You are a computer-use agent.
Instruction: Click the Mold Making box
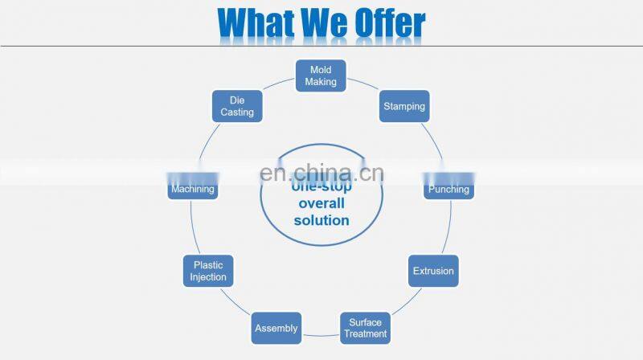[x=321, y=76]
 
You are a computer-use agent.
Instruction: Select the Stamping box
[x=404, y=106]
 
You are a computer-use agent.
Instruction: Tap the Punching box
[x=448, y=189]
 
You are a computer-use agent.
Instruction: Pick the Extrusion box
[x=433, y=271]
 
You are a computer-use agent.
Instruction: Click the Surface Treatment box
[x=366, y=328]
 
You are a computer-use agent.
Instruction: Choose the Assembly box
[x=276, y=328]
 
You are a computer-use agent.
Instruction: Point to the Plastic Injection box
[x=208, y=271]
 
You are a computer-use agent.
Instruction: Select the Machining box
[x=192, y=189]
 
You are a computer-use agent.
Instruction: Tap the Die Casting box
[x=237, y=106]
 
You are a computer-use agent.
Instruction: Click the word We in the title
[x=326, y=24]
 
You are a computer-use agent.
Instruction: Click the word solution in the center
[x=321, y=220]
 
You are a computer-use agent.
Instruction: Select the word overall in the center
[x=321, y=203]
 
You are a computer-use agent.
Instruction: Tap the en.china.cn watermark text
[x=322, y=173]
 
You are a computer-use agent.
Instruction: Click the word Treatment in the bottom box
[x=366, y=333]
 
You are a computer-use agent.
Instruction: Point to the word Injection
[x=208, y=277]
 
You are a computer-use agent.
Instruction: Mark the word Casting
[x=237, y=112]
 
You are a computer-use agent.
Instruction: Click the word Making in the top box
[x=321, y=82]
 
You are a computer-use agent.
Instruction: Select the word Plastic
[x=208, y=265]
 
